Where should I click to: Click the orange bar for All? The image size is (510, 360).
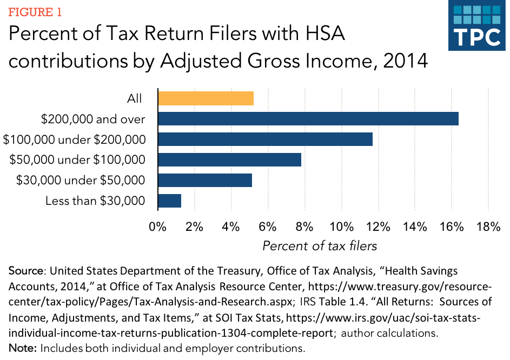coord(206,98)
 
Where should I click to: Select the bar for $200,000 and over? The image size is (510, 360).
coord(308,119)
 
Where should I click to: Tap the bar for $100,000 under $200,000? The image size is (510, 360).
coord(265,139)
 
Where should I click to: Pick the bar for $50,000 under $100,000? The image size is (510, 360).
coord(229,160)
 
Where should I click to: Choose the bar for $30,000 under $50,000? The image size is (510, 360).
coord(205,180)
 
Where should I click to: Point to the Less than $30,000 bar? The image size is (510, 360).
coord(169,201)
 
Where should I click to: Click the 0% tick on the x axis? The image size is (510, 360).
coord(157,227)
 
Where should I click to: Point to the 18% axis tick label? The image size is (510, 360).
coord(488,227)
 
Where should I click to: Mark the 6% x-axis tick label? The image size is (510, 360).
coord(268,227)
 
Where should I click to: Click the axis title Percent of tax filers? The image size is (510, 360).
coord(320,246)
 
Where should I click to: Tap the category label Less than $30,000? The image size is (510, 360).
coord(96,201)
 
